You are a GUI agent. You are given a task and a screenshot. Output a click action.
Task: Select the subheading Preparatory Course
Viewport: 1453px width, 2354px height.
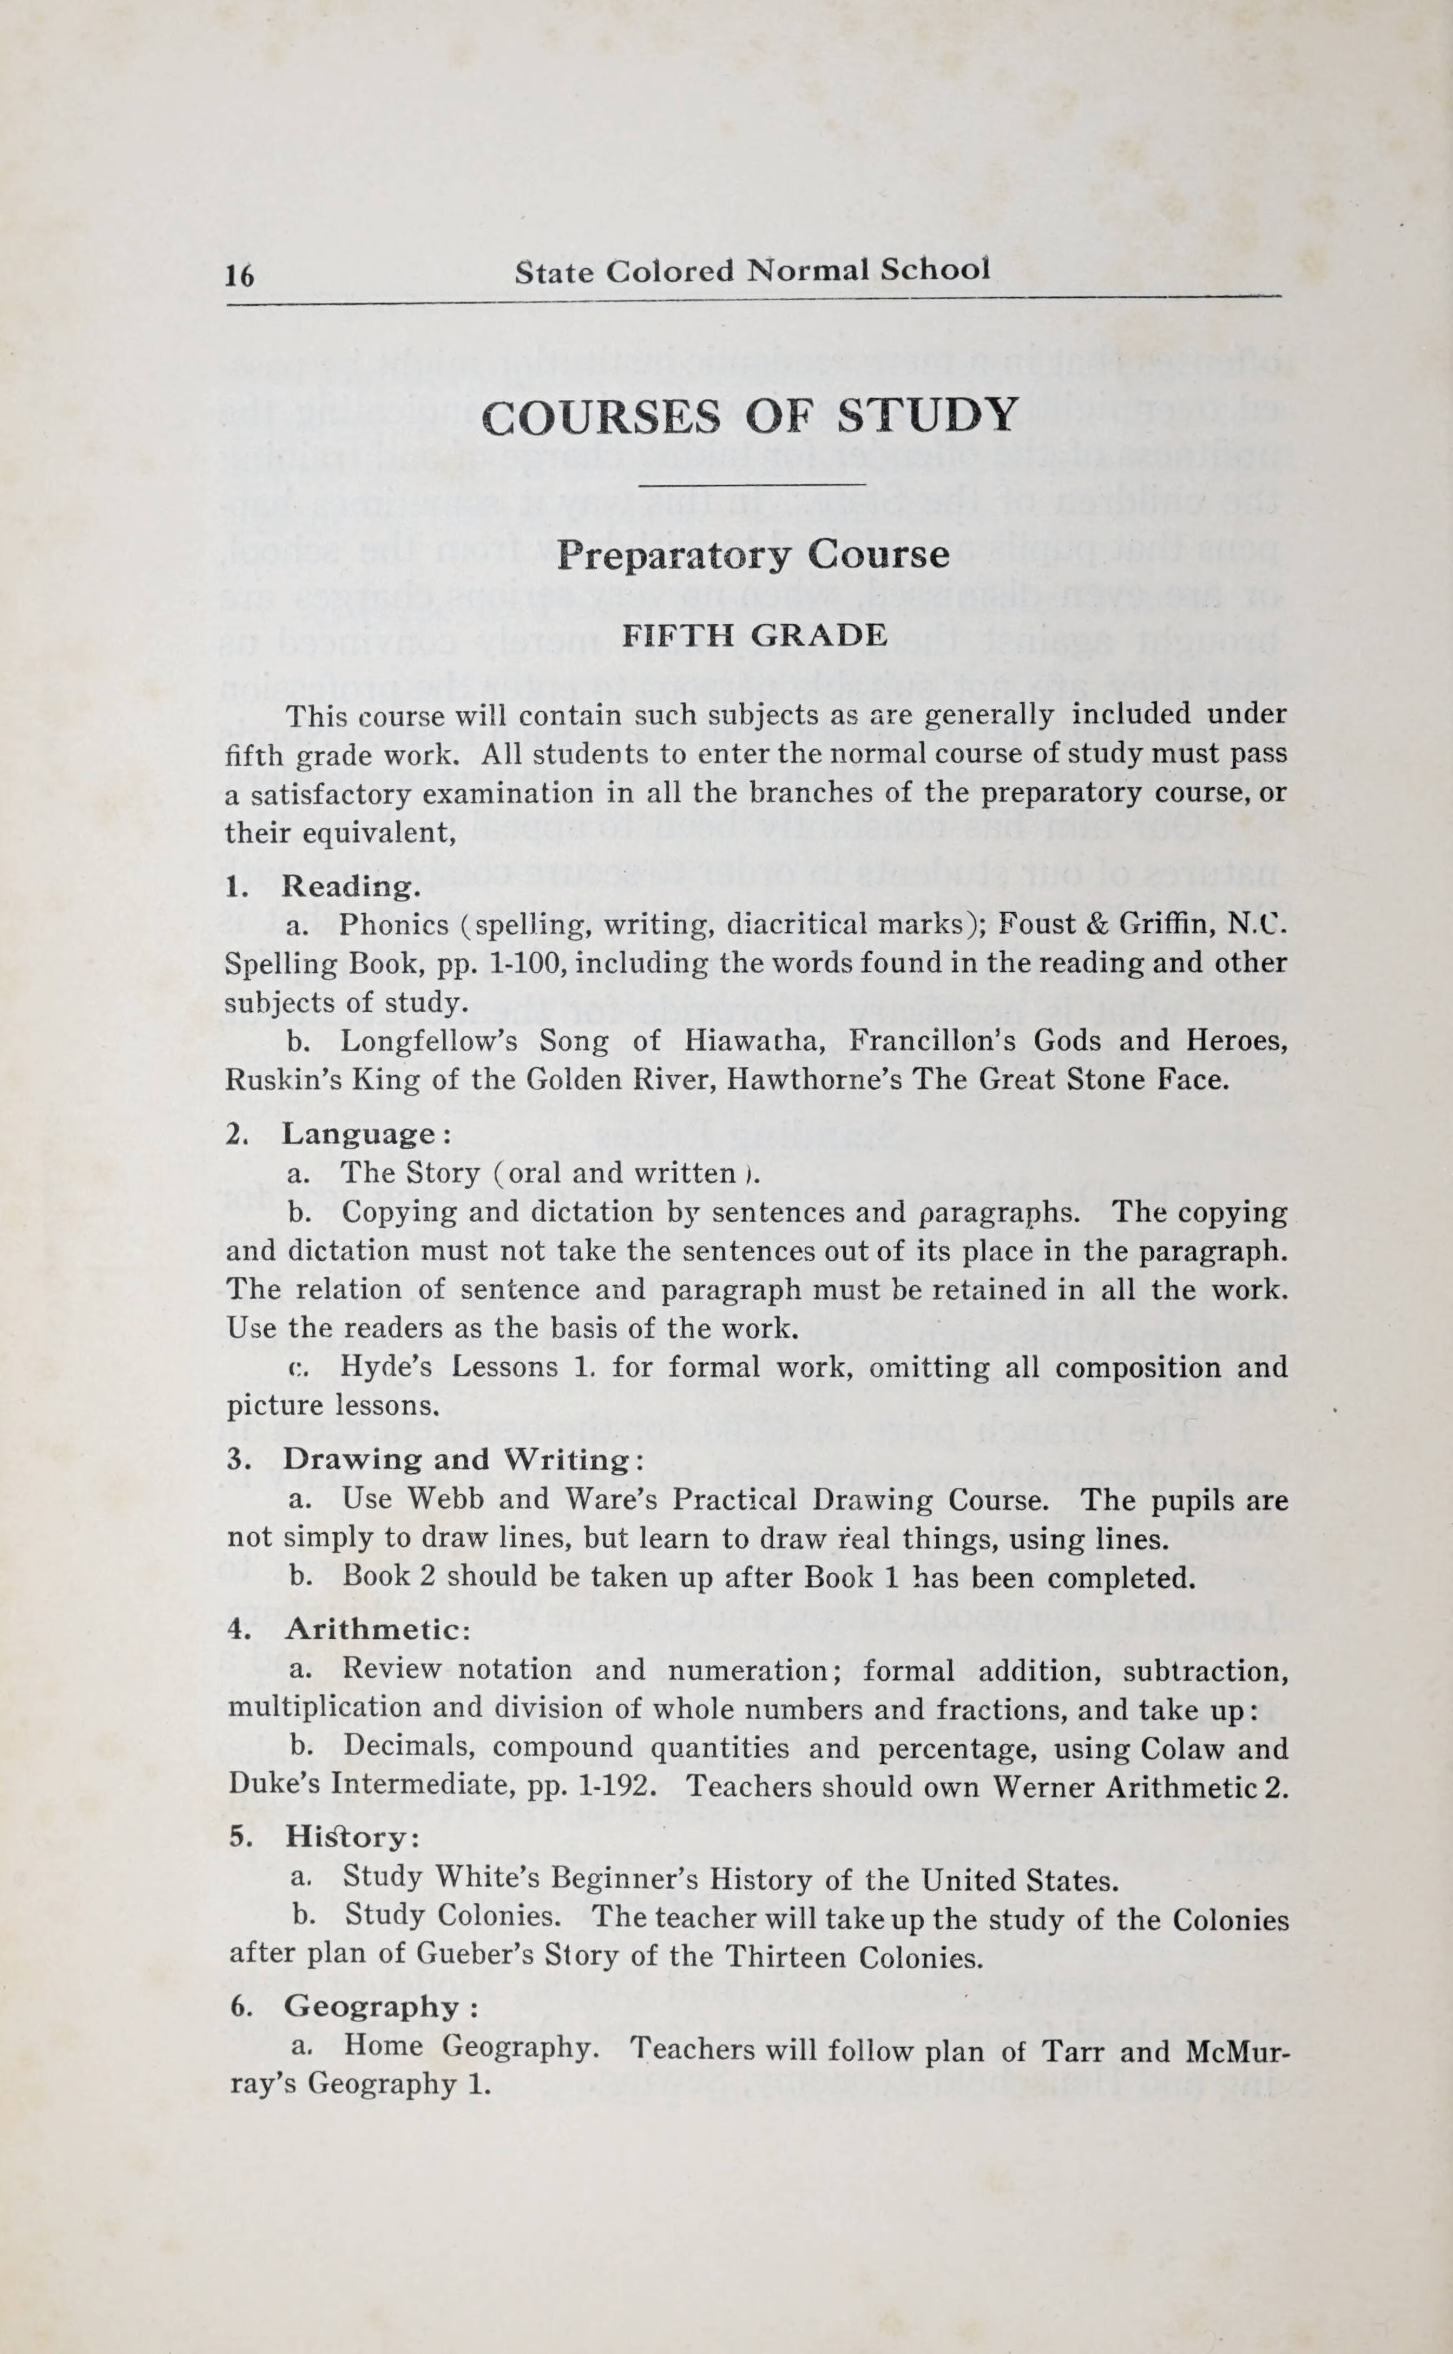point(752,555)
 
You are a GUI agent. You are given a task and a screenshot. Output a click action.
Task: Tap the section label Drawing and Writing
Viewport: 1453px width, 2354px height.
point(461,1460)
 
